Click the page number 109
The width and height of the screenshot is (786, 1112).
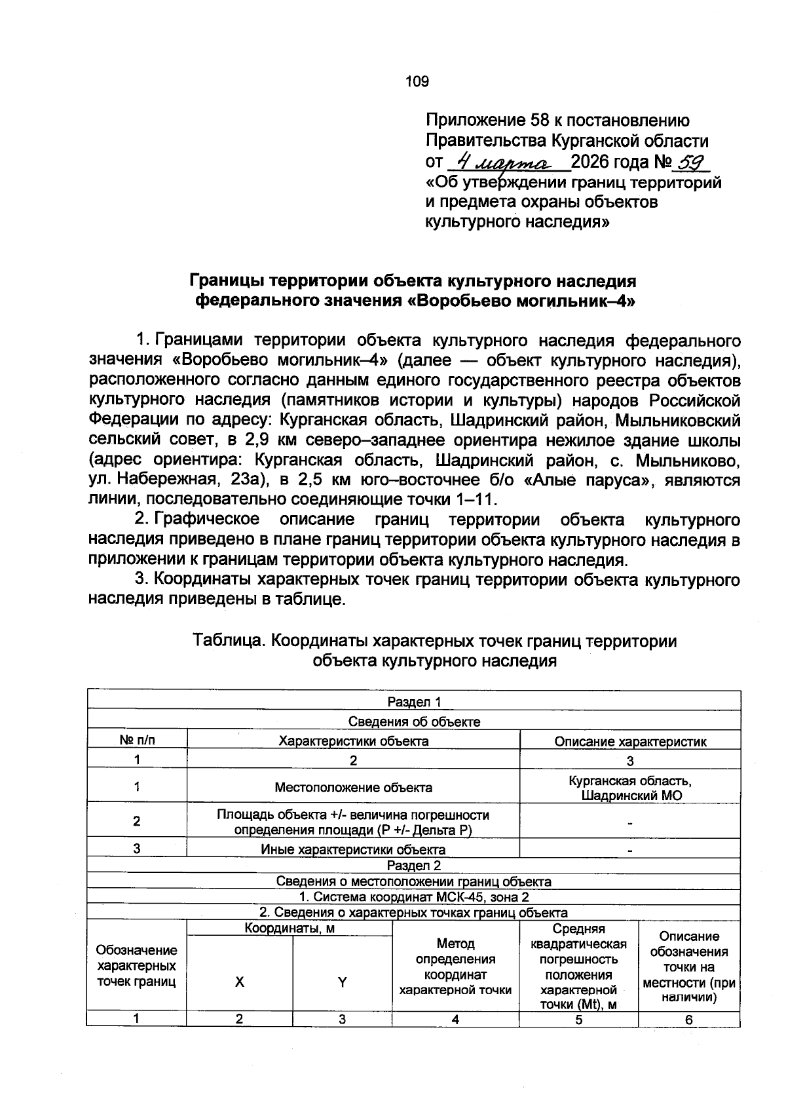417,81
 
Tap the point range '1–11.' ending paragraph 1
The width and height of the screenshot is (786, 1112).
476,500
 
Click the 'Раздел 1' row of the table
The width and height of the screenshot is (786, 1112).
414,702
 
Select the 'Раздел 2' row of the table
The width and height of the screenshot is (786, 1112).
414,865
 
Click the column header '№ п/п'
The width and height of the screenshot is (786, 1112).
137,740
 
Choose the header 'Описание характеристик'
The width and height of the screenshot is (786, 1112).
630,742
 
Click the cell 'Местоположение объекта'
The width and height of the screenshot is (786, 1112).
353,787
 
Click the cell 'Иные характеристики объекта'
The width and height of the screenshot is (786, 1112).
353,850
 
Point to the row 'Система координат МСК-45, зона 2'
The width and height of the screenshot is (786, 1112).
414,897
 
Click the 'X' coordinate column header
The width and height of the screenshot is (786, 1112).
240,982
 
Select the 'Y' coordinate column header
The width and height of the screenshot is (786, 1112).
342,982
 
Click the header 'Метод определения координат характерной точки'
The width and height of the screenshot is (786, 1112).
455,967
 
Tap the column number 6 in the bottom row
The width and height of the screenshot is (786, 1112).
689,1020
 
